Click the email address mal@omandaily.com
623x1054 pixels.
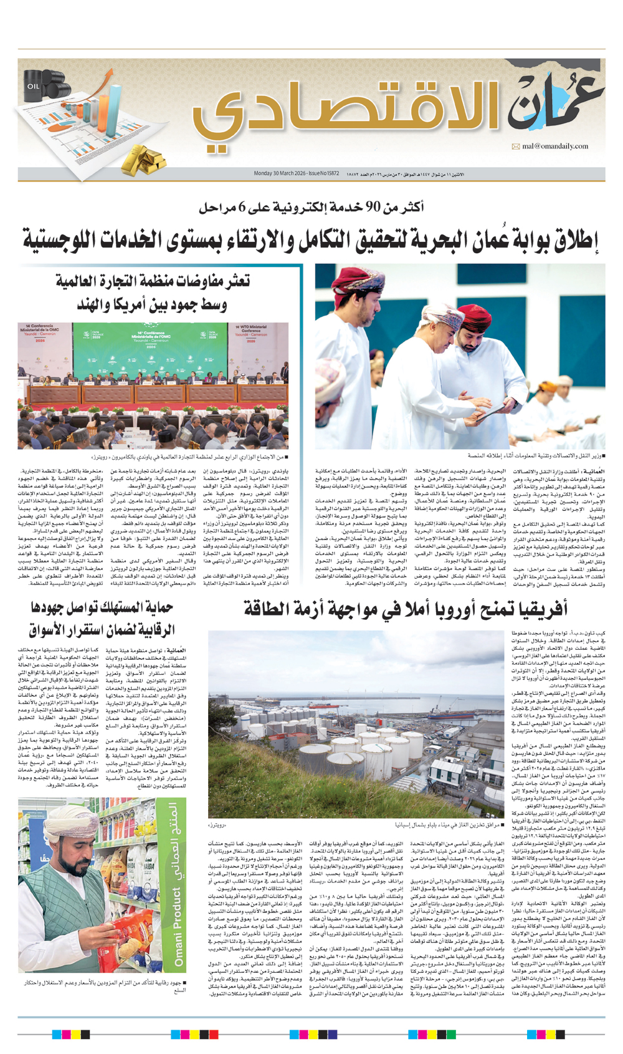555,147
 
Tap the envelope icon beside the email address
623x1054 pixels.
516,147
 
